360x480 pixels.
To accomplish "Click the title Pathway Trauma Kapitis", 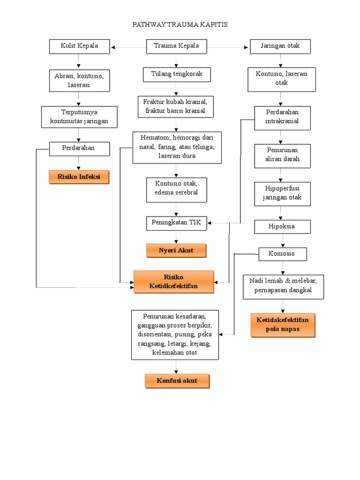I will pos(180,24).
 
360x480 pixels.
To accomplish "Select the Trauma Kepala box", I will pos(176,46).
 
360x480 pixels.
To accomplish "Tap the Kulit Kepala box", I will pos(79,46).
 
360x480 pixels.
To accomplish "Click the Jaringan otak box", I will pos(281,46).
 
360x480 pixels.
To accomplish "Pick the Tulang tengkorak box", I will pos(176,75).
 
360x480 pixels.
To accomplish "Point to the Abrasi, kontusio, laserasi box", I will pos(79,80).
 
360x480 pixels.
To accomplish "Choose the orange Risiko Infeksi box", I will pos(79,177).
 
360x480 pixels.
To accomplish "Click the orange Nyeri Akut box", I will pos(176,251).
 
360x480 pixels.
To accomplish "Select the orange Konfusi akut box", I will pos(177,381).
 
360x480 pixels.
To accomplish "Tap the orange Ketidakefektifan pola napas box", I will pos(282,325).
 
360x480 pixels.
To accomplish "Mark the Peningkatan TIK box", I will pos(176,223).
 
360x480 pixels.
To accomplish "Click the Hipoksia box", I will pos(281,226).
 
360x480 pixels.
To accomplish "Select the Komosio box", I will pos(282,254).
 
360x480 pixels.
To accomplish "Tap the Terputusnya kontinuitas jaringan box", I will pos(79,117).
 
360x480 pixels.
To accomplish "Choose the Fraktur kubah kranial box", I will pos(176,107).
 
